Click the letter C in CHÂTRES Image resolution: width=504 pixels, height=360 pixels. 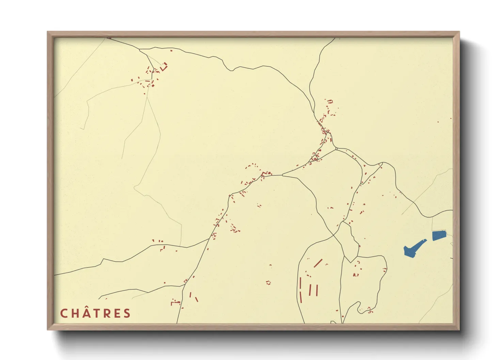click(64, 313)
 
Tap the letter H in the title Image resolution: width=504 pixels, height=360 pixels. click(75, 313)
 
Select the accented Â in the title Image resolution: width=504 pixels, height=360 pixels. click(85, 313)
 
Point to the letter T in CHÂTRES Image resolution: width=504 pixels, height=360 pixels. click(97, 313)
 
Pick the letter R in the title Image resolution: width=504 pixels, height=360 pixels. click(107, 313)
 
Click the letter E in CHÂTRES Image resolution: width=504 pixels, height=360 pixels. click(117, 313)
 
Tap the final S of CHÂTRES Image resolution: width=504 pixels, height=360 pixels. click(127, 313)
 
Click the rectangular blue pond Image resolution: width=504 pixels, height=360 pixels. click(439, 235)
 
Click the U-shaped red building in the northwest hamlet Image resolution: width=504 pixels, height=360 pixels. click(164, 67)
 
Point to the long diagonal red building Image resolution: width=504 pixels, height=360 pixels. click(318, 263)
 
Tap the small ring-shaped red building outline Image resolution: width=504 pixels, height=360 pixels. click(268, 282)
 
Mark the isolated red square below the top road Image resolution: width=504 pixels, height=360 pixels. click(171, 51)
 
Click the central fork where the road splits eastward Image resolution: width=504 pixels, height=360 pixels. click(282, 175)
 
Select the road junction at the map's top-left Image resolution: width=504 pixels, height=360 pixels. click(140, 50)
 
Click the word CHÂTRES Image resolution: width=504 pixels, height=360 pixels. click(95, 313)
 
